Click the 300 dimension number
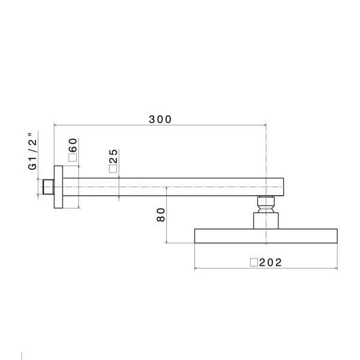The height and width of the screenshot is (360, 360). tap(160, 119)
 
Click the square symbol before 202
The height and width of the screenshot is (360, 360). tap(254, 262)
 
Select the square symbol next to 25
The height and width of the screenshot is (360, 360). tap(113, 170)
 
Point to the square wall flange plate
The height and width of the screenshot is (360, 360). tap(58, 187)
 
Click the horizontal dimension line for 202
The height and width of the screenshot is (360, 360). tap(228, 268)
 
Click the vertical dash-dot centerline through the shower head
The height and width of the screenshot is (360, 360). tap(265, 156)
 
